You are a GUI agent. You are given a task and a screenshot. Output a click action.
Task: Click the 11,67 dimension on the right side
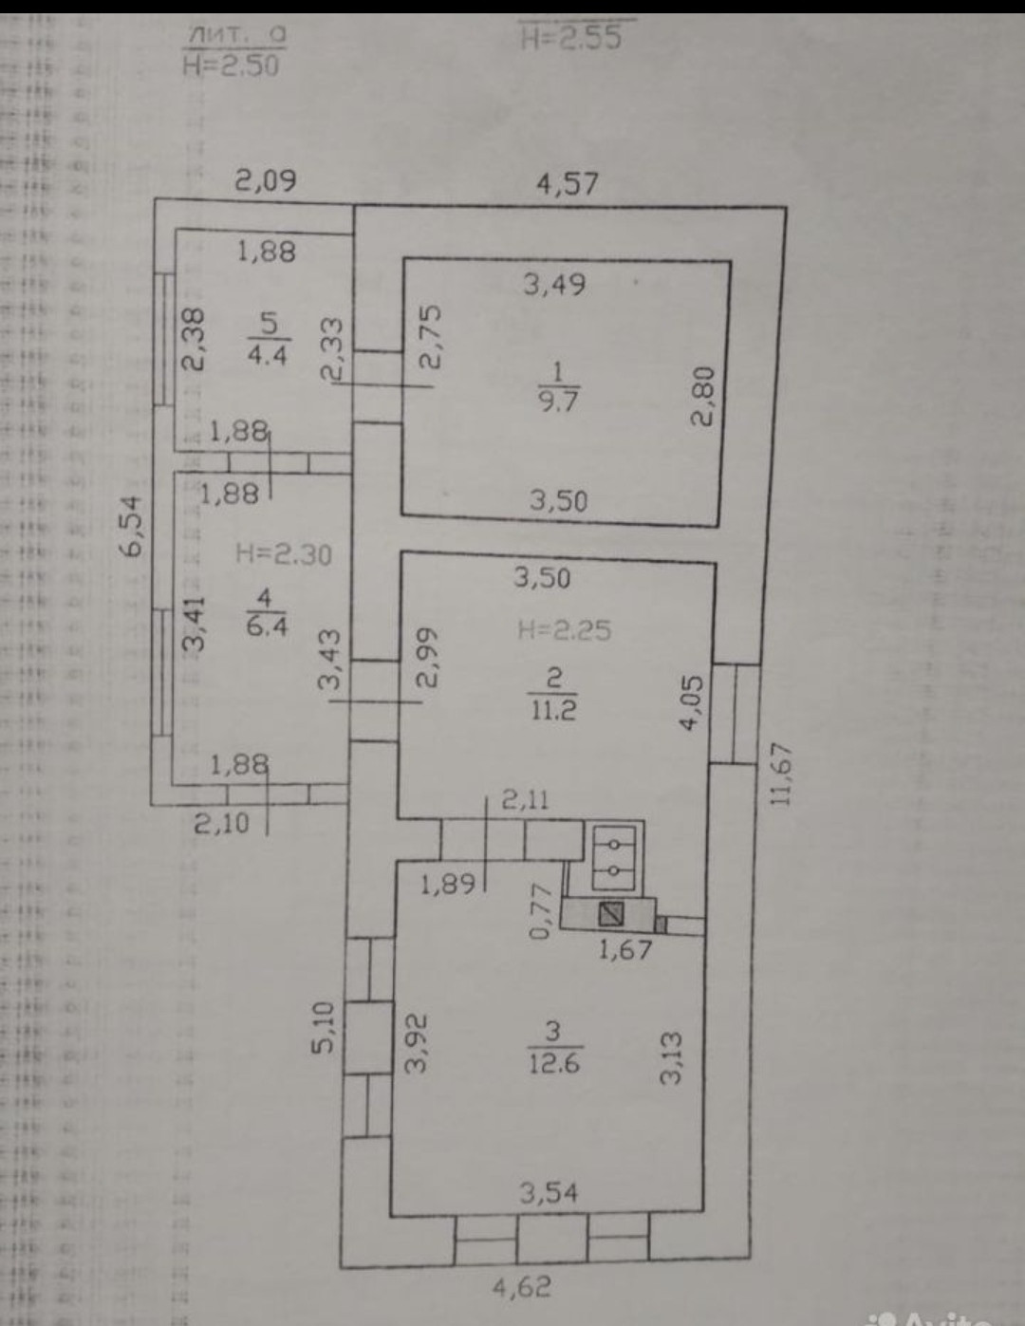[780, 773]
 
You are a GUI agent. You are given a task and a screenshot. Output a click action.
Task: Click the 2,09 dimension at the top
[266, 180]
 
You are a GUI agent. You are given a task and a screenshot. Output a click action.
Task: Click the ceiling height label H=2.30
[284, 553]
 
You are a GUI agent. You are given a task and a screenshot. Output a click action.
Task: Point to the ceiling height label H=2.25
[565, 629]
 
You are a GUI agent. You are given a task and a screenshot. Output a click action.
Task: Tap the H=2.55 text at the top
[571, 38]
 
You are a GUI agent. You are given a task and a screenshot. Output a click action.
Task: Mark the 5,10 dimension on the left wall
[325, 1027]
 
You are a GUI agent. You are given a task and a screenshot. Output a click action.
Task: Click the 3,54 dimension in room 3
[549, 1192]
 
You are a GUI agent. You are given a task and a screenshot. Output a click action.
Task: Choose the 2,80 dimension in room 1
[703, 398]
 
